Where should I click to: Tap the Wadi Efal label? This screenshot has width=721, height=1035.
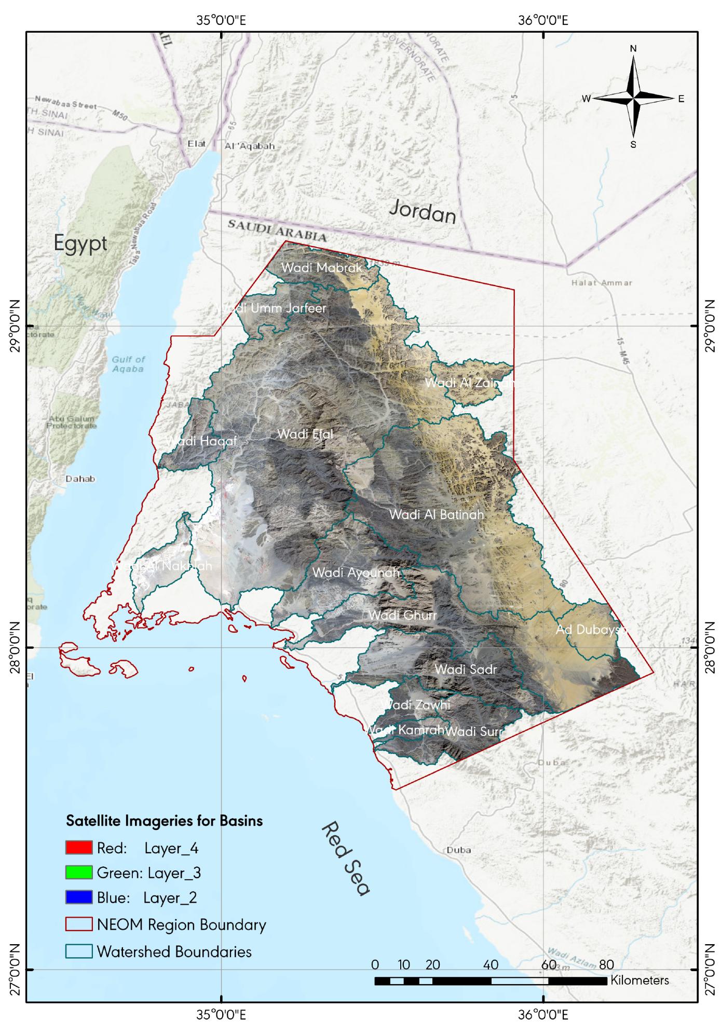(305, 434)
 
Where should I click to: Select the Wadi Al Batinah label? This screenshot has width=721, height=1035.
(437, 515)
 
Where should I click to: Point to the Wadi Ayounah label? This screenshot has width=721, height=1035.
(356, 573)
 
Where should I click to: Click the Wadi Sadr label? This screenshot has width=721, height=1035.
(466, 670)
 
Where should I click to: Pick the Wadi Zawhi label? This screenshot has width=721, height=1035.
(415, 705)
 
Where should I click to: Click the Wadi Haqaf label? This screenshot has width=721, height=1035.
(201, 441)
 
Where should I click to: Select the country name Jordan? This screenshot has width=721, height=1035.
(423, 212)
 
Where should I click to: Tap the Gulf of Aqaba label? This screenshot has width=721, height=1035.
(128, 364)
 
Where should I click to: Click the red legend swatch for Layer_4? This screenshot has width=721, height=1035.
(79, 848)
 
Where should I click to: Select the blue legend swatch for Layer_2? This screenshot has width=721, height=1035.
(79, 897)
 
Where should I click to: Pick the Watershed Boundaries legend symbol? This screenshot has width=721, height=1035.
(79, 951)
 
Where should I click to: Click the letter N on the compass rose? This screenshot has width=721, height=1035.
(633, 48)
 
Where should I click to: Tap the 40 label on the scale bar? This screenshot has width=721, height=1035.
(490, 965)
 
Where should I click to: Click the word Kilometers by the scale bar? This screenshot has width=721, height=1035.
(640, 980)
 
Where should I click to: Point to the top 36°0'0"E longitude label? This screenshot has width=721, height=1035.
(543, 21)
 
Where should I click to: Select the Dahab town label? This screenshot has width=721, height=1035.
(80, 479)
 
